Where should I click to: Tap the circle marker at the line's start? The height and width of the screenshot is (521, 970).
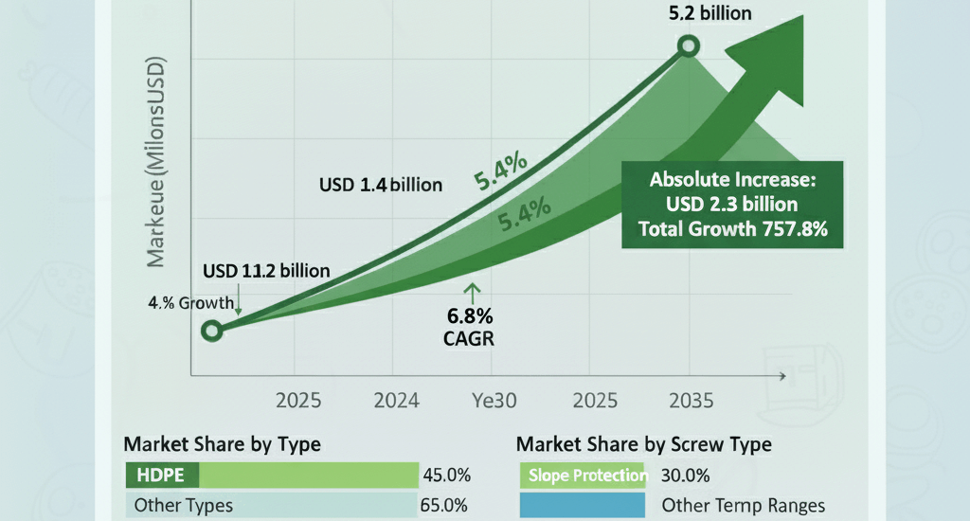click(x=212, y=331)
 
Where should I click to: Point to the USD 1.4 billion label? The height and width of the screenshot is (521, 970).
click(x=380, y=185)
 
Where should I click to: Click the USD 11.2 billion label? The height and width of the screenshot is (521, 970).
click(x=266, y=272)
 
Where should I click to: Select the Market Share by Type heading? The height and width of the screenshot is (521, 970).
click(x=222, y=443)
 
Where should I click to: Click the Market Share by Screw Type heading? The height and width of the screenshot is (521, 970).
click(x=644, y=443)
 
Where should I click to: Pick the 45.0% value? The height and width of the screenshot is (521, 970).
click(x=444, y=475)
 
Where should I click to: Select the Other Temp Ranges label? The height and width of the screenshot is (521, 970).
click(x=744, y=505)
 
